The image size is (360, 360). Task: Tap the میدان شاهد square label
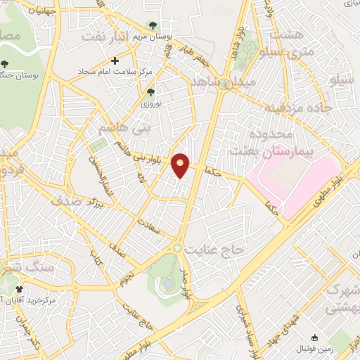(x=231, y=83)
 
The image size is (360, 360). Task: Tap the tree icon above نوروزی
(x=149, y=92)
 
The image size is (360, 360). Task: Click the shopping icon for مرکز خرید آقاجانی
(x=19, y=289)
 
